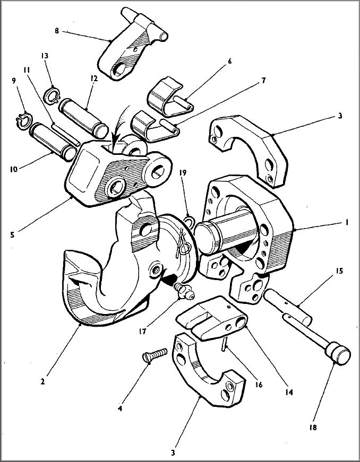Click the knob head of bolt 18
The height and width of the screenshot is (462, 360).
pos(338,354)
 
